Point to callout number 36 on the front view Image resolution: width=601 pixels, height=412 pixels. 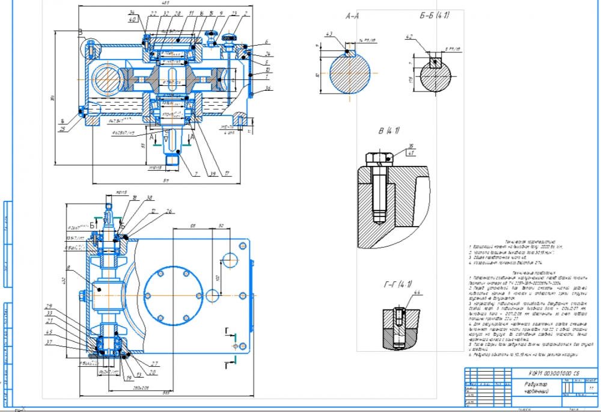(x=251, y=88)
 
